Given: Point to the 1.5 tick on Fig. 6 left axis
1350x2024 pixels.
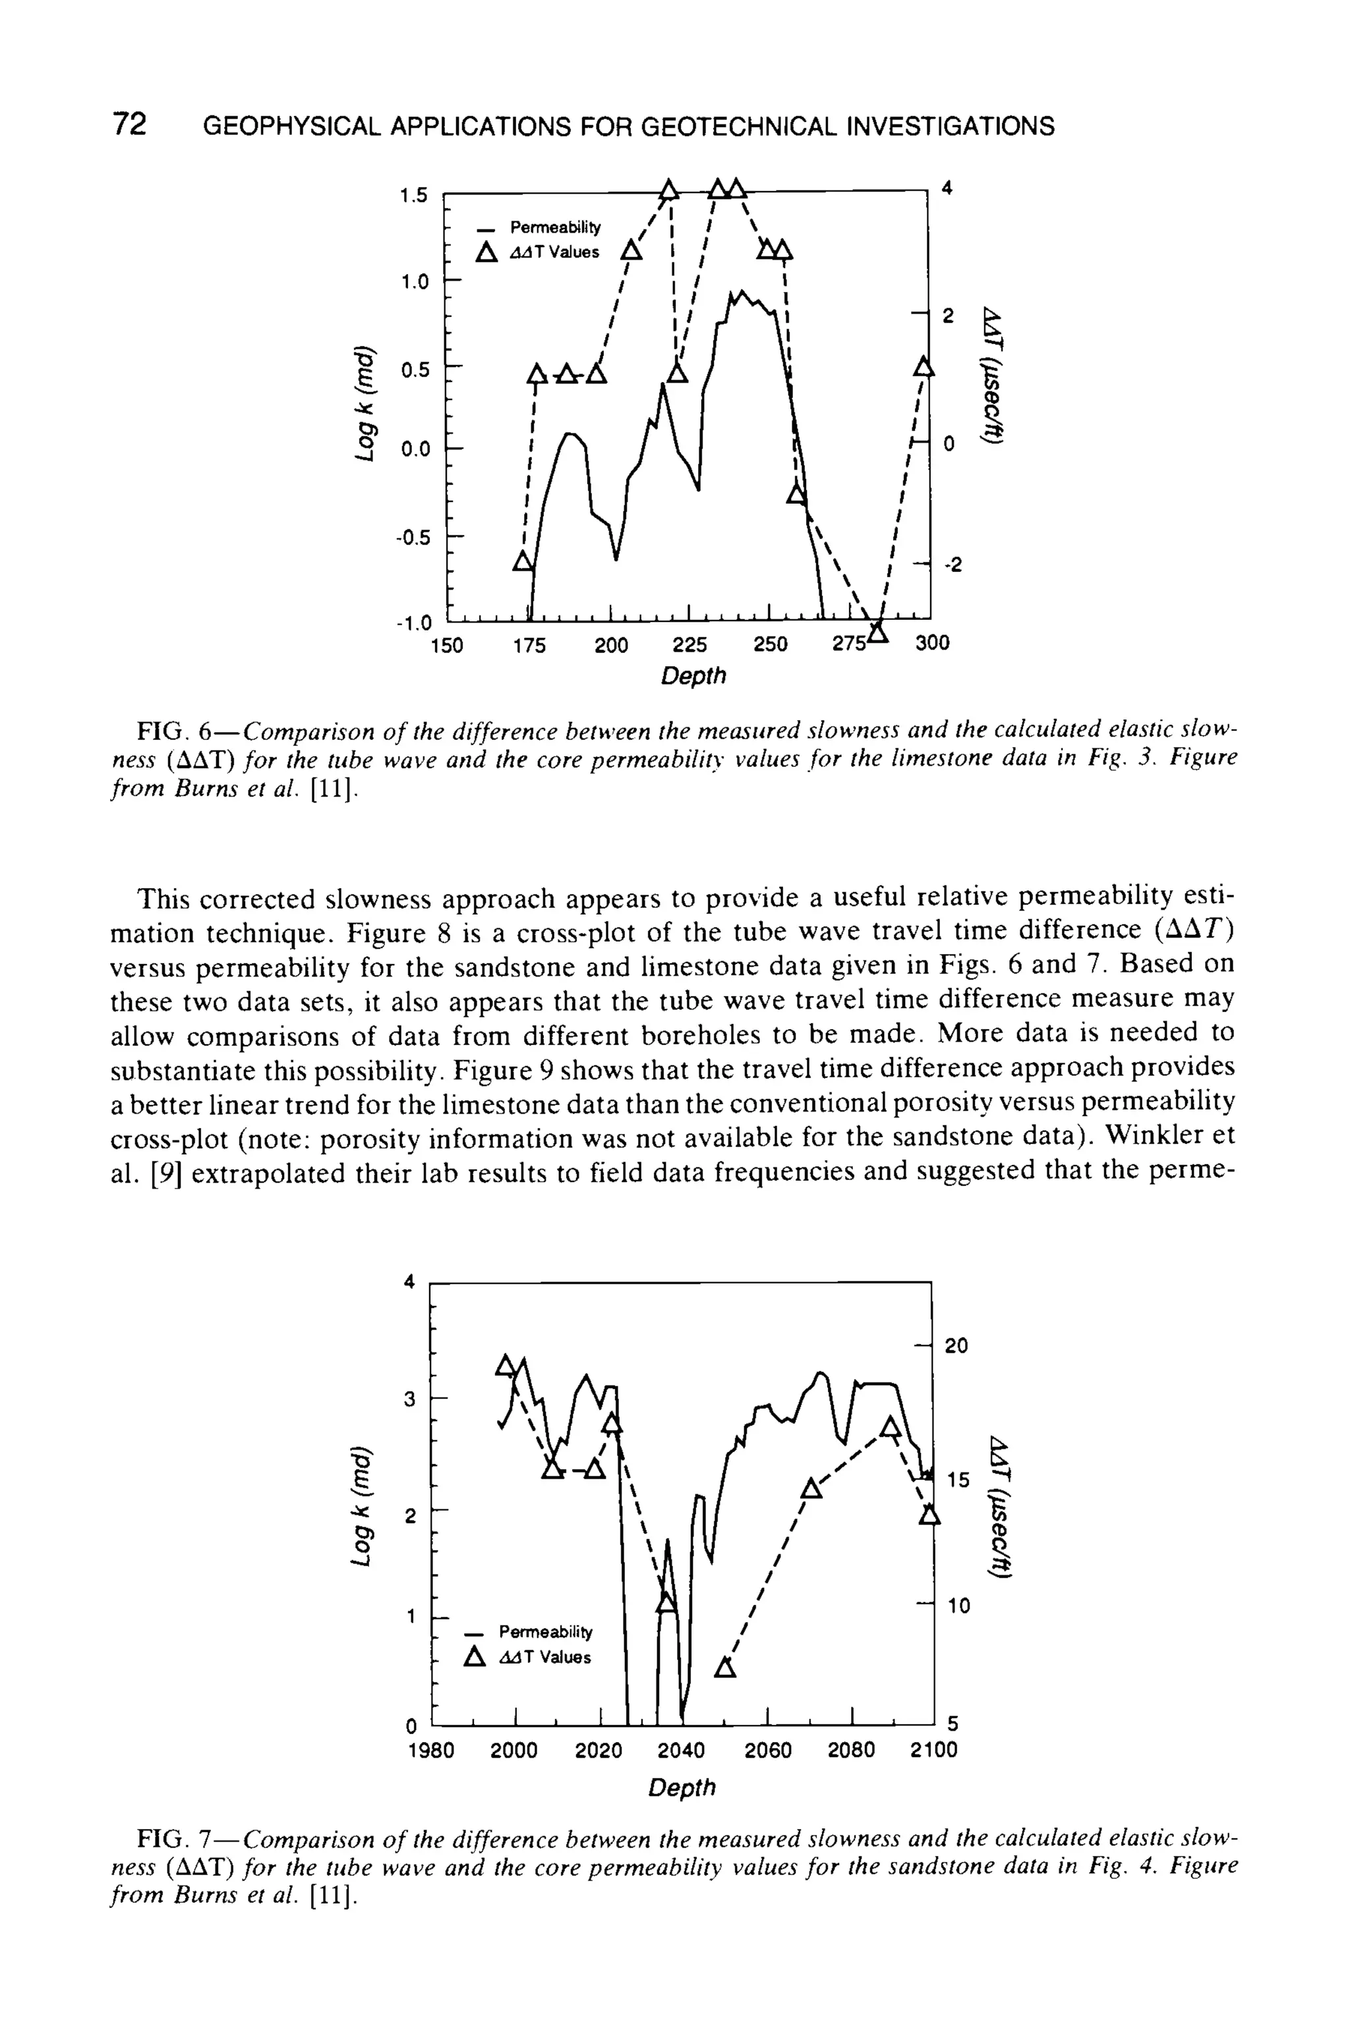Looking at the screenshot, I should point(413,196).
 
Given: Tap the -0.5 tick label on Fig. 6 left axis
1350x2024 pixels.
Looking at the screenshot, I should point(411,538).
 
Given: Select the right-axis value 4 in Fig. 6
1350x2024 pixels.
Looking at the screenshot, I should point(948,188).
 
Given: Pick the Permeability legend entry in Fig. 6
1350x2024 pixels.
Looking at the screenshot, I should point(555,227).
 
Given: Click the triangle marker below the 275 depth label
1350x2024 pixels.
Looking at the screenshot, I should point(877,632).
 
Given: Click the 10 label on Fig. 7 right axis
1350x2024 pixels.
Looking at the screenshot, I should point(956,1606).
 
